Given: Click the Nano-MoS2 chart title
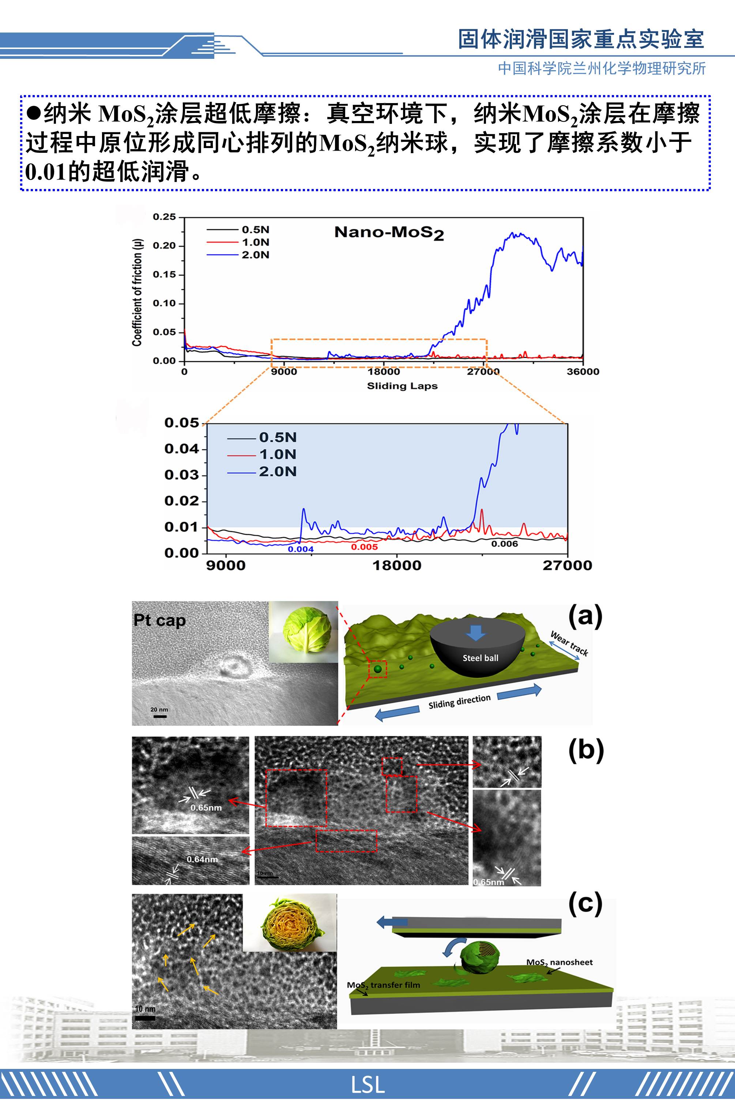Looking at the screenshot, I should tap(389, 233).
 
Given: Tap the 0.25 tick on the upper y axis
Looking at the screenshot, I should tap(164, 217).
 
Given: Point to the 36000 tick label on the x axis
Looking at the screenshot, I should tap(583, 371).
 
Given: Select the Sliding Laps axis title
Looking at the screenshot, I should tap(402, 386).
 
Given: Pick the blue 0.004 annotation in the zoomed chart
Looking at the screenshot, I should tap(301, 549).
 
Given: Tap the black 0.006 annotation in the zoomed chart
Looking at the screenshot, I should tap(505, 544).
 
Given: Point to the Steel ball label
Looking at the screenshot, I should tap(480, 658).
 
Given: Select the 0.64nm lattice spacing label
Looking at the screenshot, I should tap(202, 859).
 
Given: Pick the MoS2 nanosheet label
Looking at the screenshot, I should tap(559, 962).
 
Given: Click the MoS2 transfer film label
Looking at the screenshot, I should tap(383, 985).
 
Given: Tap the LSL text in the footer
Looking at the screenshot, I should tap(367, 1085).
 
